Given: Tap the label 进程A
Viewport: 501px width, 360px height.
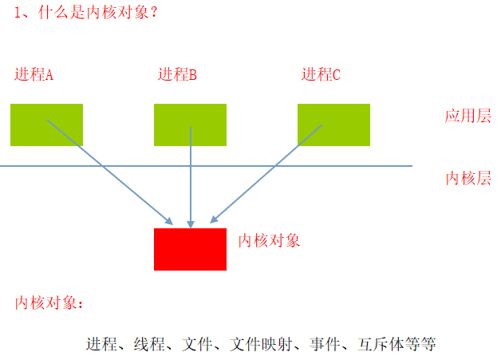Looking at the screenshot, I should [x=34, y=75].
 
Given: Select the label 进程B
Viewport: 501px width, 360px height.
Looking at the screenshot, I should [x=177, y=75].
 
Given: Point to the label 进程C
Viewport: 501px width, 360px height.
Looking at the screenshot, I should [x=321, y=75].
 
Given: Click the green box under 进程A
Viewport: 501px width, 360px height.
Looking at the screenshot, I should [x=46, y=125].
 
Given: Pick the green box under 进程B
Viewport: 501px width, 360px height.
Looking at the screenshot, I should [x=190, y=125].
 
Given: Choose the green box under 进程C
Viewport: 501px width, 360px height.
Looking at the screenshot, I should [x=333, y=125].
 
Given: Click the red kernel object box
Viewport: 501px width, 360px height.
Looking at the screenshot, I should [x=190, y=249].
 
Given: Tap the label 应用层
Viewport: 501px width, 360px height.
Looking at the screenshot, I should [x=467, y=116].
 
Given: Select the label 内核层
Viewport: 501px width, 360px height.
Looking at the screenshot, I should [x=467, y=178].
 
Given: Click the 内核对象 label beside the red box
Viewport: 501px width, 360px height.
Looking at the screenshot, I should [x=269, y=240].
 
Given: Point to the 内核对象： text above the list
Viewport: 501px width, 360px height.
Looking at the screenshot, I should [x=49, y=303].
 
